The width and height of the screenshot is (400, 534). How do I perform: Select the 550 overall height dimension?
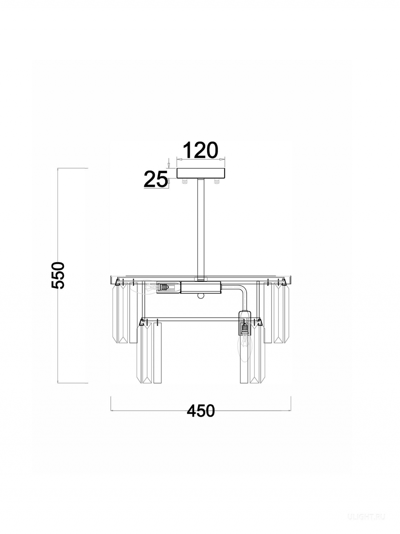pyautogui.click(x=58, y=275)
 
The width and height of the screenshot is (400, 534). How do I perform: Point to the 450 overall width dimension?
pyautogui.click(x=201, y=411)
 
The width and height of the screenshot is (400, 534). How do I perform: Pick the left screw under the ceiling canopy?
pyautogui.click(x=185, y=181)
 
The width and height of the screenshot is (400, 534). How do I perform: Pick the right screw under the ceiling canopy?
pyautogui.click(x=216, y=181)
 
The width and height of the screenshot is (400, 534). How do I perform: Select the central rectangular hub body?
pyautogui.click(x=201, y=287)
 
